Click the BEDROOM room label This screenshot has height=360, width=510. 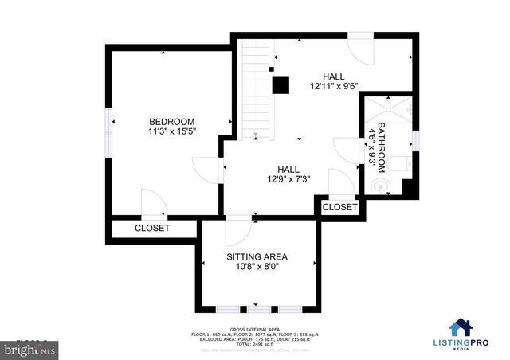(x=171, y=121)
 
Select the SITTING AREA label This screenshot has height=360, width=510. (x=257, y=256)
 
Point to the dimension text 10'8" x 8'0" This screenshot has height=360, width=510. (x=257, y=267)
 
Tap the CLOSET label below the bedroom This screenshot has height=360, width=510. (x=151, y=228)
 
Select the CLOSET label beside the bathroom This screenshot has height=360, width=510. (x=340, y=207)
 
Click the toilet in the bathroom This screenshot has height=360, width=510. (x=402, y=164)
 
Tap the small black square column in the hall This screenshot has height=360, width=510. (x=280, y=84)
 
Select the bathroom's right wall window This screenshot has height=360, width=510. (x=416, y=139)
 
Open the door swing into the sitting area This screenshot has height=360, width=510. (x=237, y=232)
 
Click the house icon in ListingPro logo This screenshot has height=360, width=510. (x=461, y=327)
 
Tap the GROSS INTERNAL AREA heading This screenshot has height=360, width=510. (x=255, y=328)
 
